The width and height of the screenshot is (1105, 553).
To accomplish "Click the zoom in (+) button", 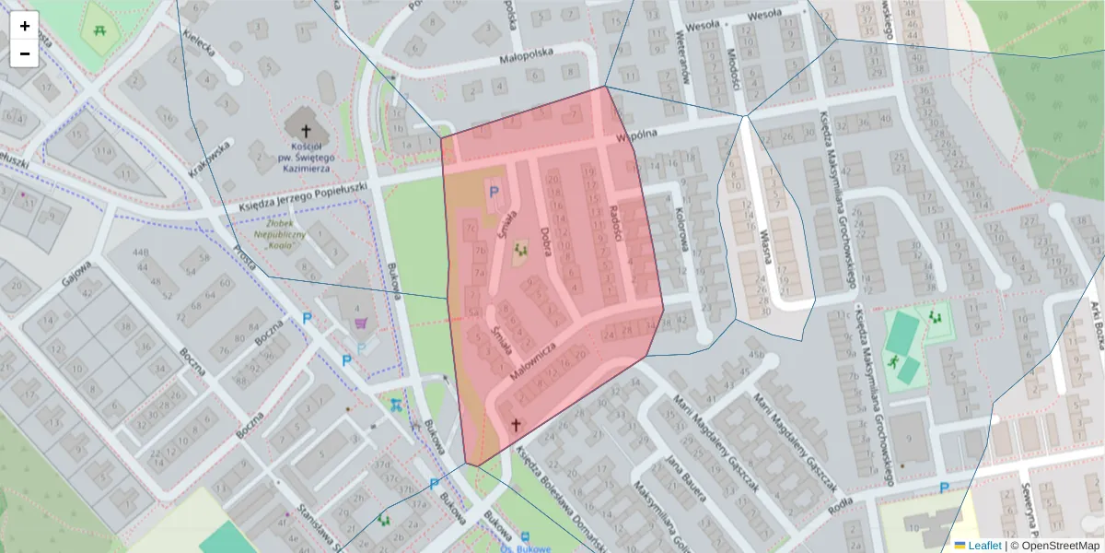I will point(25,26).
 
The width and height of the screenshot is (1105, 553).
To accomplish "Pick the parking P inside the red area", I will point(494,192).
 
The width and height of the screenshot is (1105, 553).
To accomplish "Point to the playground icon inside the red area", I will point(521,248).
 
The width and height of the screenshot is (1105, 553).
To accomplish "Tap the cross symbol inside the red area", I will point(516,425).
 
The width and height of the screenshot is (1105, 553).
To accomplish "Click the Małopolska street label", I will point(526,54).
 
